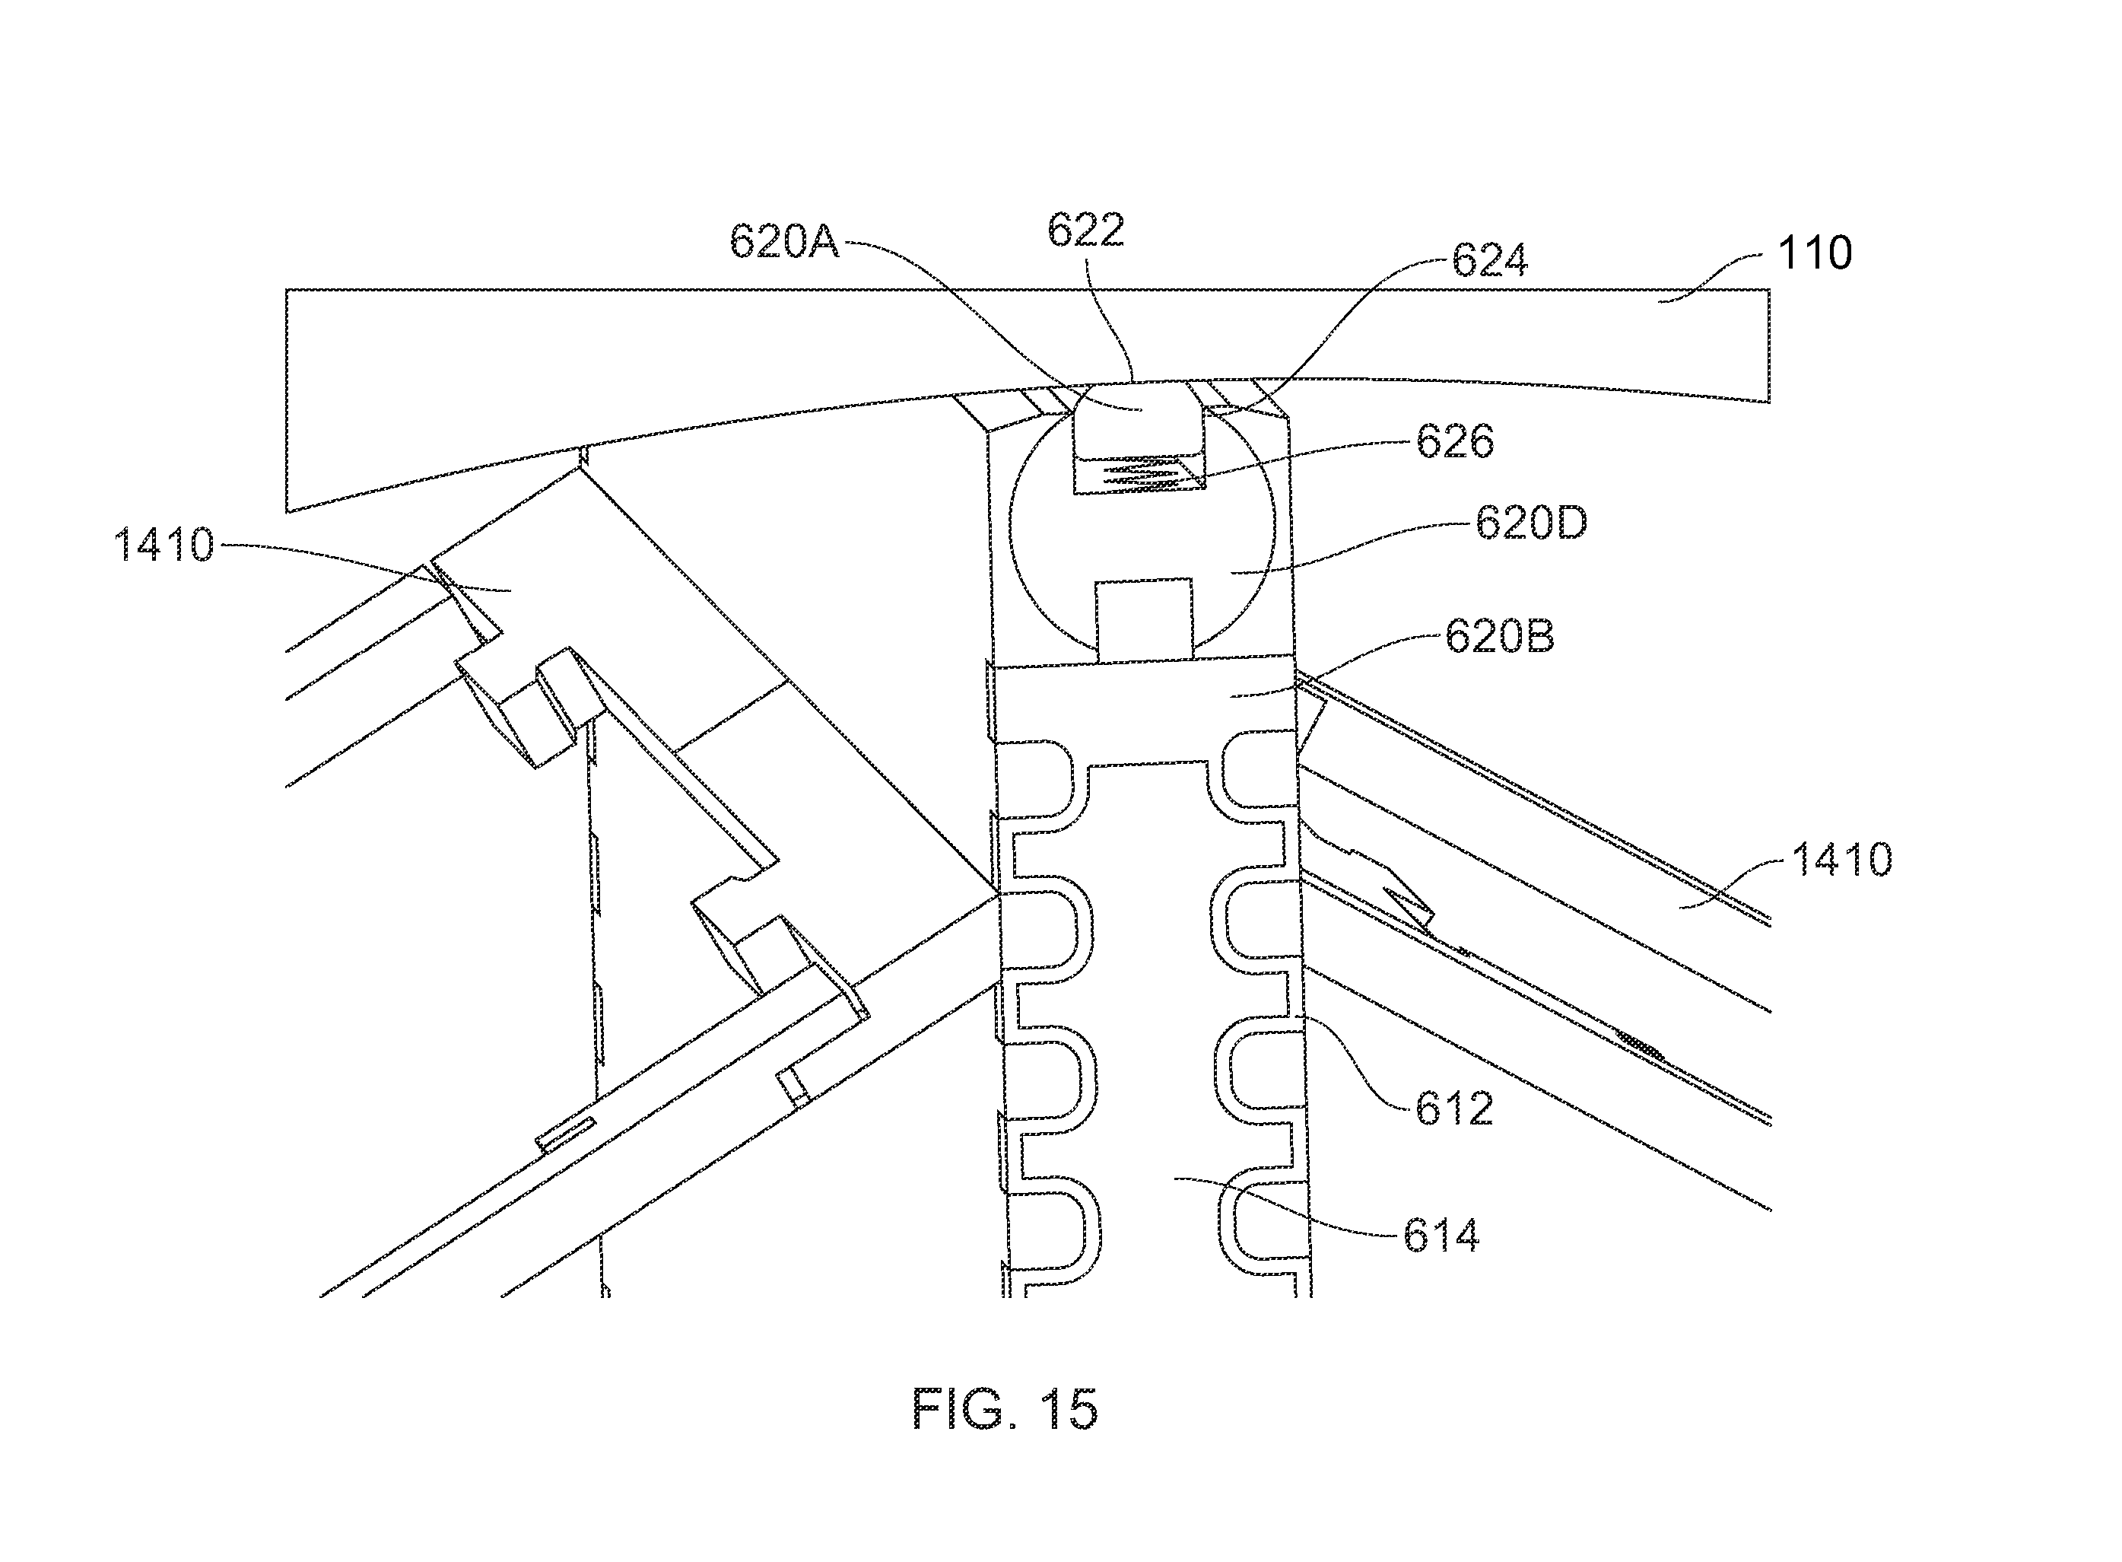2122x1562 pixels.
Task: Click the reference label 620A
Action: coord(783,242)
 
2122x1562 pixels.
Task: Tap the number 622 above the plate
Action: coord(1085,230)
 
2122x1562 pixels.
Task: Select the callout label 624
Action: coord(1490,260)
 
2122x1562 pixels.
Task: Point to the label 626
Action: coord(1455,441)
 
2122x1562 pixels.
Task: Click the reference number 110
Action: coord(1815,253)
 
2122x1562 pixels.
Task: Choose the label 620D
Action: coord(1531,523)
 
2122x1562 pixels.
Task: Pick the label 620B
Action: coord(1499,636)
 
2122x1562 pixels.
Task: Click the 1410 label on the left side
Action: coord(164,546)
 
